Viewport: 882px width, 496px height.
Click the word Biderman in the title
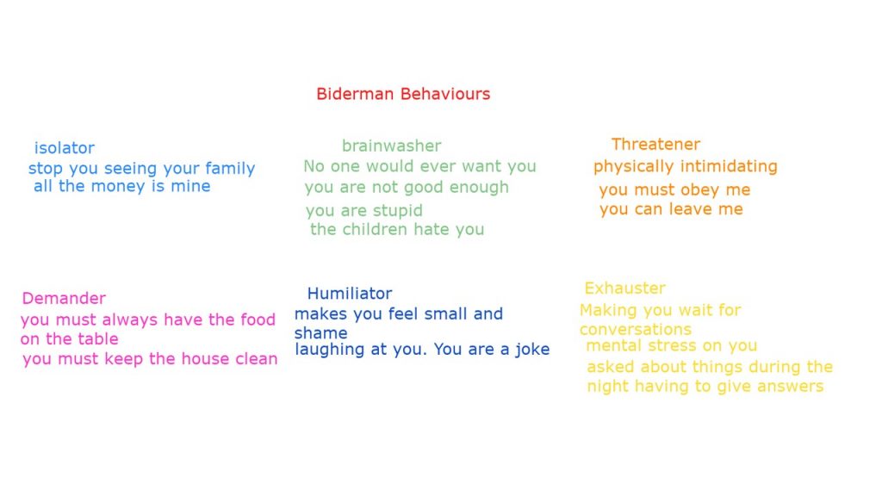[355, 94]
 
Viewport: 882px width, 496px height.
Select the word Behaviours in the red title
[446, 94]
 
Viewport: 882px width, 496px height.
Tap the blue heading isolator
[64, 148]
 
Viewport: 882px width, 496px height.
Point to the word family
[229, 169]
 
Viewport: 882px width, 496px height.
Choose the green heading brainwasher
[392, 146]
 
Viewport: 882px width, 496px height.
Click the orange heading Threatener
[655, 145]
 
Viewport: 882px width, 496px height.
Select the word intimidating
[728, 167]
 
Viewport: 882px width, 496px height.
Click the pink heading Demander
[64, 298]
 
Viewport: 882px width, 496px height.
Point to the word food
[258, 319]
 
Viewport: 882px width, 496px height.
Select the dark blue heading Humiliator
[350, 294]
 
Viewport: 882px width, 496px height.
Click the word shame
[320, 333]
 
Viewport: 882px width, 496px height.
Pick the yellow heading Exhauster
[625, 288]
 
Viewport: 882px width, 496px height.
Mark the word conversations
[636, 329]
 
